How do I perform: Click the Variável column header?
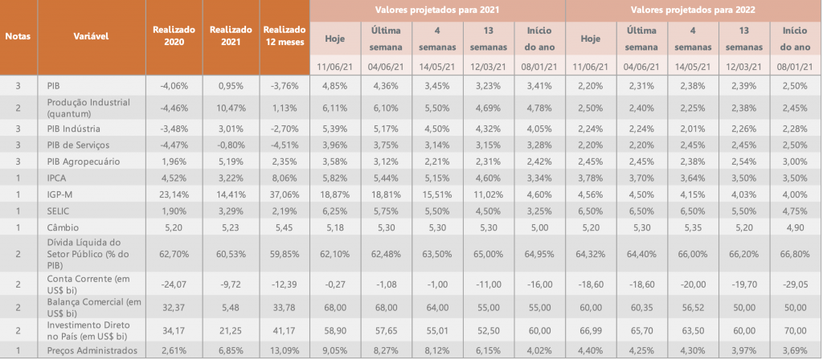tap(92, 37)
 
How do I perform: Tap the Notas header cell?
tap(18, 37)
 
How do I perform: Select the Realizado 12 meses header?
tap(284, 36)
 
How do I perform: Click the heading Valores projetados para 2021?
tap(436, 10)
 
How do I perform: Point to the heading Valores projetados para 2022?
tap(694, 10)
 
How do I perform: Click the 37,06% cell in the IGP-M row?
tap(284, 195)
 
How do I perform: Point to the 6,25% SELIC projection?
tap(335, 212)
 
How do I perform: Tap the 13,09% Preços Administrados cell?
tap(284, 350)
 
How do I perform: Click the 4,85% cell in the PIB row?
tap(335, 86)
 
